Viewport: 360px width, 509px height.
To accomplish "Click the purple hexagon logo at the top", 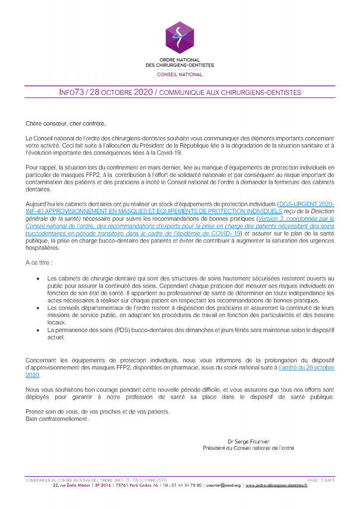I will pos(180,38).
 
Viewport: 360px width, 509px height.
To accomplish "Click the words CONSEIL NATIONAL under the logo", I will pos(180,75).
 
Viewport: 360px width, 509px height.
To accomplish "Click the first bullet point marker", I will pos(39,280).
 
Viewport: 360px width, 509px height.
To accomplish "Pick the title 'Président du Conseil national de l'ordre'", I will pos(248,448).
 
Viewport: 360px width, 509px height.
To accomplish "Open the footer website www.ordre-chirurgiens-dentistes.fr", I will pos(276,486).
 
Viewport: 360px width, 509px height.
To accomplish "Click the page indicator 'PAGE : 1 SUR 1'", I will pos(321,480).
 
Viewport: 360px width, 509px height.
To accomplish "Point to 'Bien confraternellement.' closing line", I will pos(57,419).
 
